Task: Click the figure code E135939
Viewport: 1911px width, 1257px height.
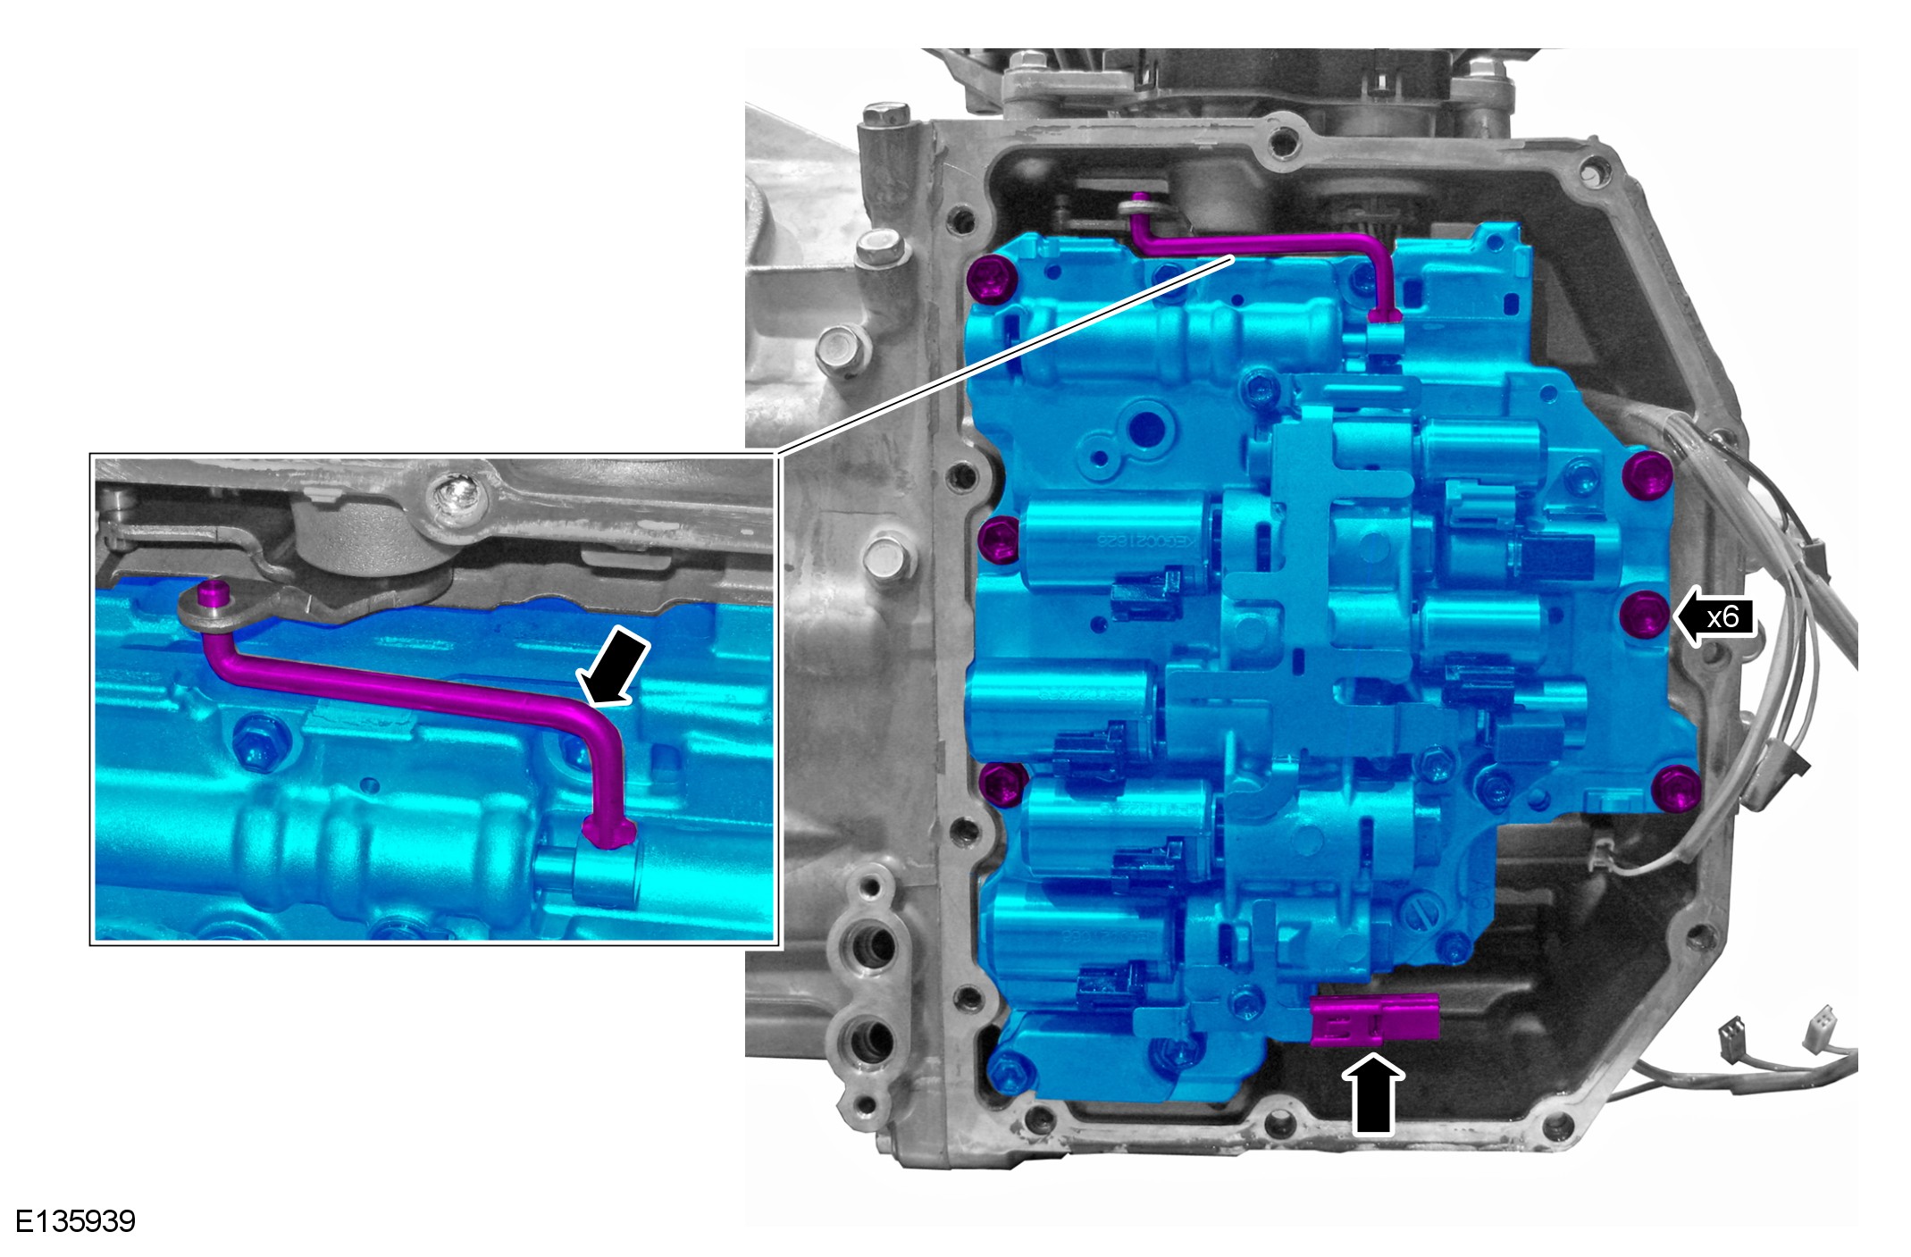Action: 76,1221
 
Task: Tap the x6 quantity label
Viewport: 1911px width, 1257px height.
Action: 1722,616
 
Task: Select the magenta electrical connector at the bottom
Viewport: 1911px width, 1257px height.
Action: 1375,1019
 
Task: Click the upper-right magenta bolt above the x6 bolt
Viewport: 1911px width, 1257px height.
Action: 1647,475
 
